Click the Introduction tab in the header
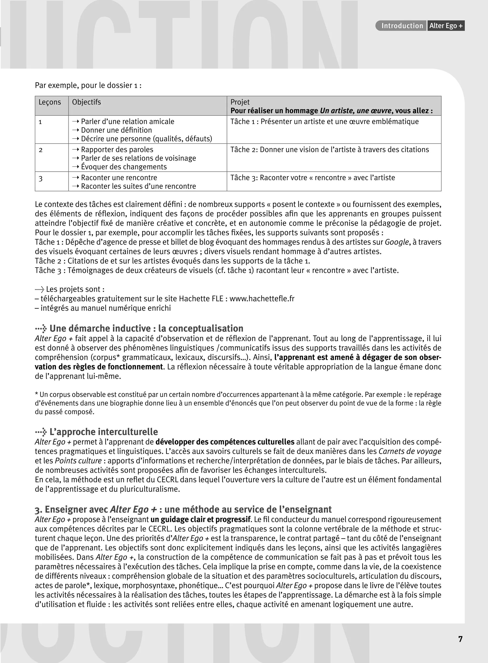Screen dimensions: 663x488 (402, 26)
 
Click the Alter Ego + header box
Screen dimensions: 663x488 (446, 26)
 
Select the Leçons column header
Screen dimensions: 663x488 (50, 102)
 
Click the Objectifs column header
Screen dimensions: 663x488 (86, 102)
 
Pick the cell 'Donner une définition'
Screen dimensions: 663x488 (116, 130)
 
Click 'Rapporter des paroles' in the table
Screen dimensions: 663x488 (117, 150)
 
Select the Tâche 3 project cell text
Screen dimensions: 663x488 (313, 178)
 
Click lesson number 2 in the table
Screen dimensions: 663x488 (41, 150)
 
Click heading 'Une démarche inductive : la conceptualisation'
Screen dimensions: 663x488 (146, 329)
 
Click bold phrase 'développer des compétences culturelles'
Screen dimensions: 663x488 (225, 442)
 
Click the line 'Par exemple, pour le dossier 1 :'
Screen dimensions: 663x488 (88, 85)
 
